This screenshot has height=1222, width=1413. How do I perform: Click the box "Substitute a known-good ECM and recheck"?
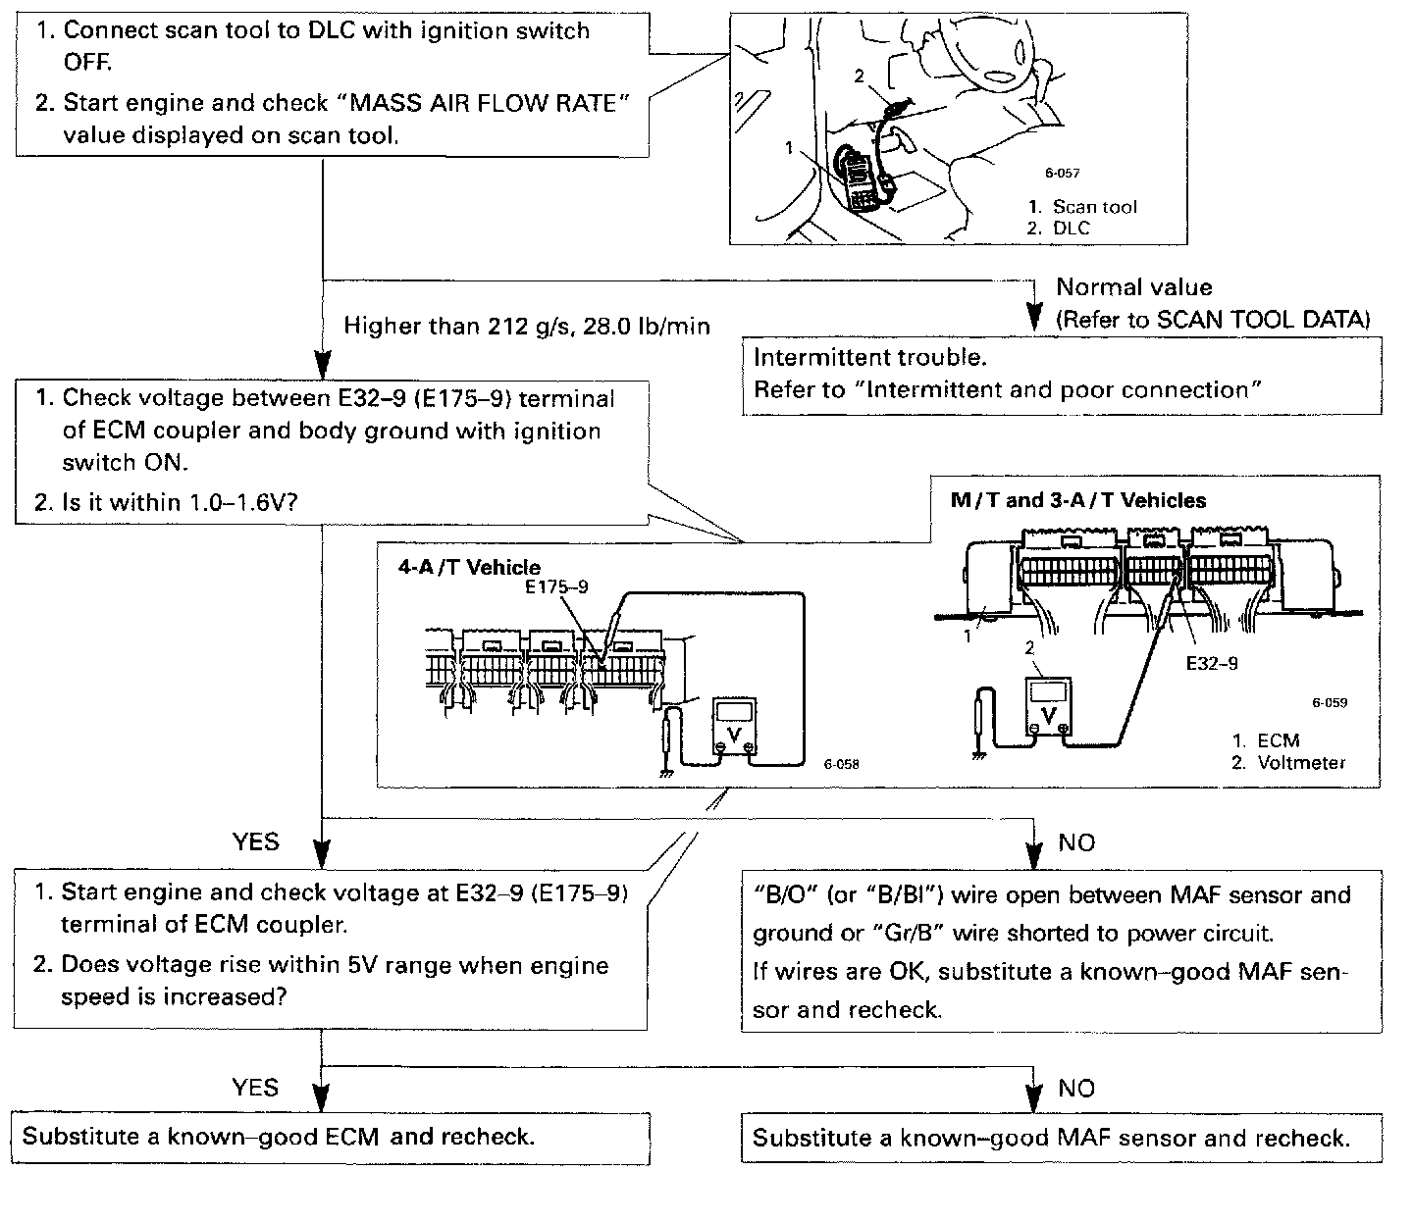tap(331, 1138)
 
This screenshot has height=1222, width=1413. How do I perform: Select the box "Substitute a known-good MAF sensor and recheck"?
tap(1061, 1138)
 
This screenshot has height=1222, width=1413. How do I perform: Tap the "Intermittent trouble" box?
tap(1061, 375)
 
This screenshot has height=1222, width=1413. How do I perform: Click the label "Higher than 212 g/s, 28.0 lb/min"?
tap(526, 326)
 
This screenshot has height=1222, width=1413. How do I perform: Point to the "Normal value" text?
tap(1133, 287)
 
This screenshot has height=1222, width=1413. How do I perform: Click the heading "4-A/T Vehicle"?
tap(468, 567)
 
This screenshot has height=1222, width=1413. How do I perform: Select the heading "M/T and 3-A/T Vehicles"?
tap(1078, 500)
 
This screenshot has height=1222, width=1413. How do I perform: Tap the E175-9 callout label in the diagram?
tap(555, 586)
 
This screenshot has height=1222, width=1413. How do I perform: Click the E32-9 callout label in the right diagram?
tap(1211, 663)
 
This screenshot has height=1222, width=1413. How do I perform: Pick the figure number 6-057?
tap(1062, 174)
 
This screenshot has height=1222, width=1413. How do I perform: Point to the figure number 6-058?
tap(842, 764)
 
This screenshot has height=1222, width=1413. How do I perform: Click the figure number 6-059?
tap(1330, 702)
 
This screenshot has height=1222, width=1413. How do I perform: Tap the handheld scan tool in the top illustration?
tap(861, 180)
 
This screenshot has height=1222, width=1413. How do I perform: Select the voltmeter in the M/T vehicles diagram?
tap(1049, 704)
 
